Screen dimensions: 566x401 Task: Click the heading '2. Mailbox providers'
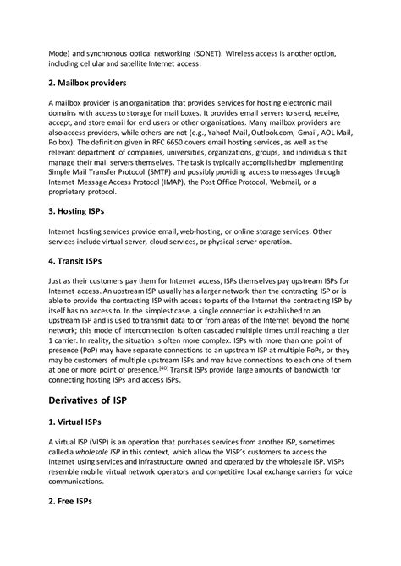88,84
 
